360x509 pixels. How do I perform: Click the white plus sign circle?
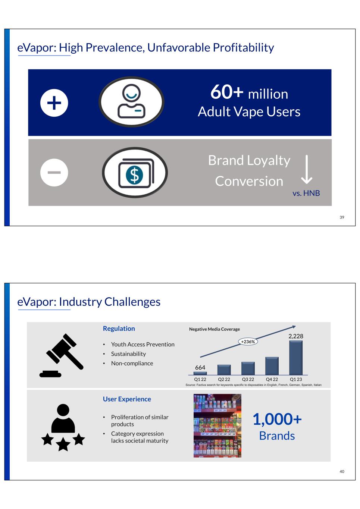tap(54, 103)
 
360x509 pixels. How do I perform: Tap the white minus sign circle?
tap(54, 173)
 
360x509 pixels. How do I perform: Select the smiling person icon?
tap(131, 101)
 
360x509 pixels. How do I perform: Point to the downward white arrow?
tap(307, 170)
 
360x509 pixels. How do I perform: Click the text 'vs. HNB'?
tap(306, 193)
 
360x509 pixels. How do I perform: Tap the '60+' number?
tap(227, 92)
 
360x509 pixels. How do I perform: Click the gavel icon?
tap(61, 355)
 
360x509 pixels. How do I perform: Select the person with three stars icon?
tap(63, 427)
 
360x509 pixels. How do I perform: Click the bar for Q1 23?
tap(296, 358)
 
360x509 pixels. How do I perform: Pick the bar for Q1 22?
tap(200, 373)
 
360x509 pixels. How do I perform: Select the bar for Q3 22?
tap(248, 368)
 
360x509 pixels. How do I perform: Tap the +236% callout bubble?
tap(248, 342)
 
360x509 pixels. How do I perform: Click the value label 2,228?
tap(296, 336)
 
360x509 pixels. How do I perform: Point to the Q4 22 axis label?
tap(272, 379)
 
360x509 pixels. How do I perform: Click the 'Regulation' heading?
tap(119, 329)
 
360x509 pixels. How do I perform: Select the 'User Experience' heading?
tap(127, 399)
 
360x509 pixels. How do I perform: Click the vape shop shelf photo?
tap(217, 425)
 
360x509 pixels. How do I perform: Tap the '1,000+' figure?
tap(277, 419)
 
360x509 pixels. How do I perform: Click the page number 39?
tap(342, 217)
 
